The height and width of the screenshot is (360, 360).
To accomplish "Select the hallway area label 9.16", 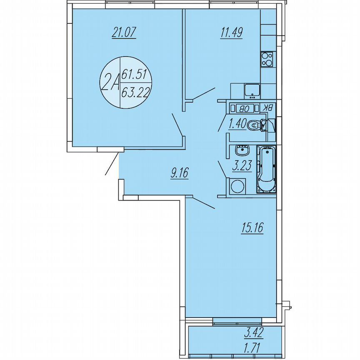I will click(x=180, y=172).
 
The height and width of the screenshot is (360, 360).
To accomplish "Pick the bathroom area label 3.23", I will click(x=240, y=167).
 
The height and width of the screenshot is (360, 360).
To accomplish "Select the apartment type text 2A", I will click(x=110, y=83).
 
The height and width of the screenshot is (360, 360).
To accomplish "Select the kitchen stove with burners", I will click(x=267, y=59).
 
